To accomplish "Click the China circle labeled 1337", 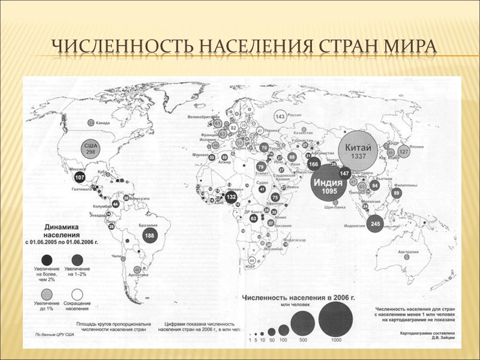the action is [359, 151].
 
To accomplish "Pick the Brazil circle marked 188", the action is [150, 236].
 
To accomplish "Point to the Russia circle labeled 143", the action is [280, 116].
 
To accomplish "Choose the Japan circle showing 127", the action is [404, 152].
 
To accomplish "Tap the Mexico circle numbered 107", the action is [79, 178].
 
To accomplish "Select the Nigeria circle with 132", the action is [232, 197].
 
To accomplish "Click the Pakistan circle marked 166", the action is [313, 164].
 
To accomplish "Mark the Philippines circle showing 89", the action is [396, 193].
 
